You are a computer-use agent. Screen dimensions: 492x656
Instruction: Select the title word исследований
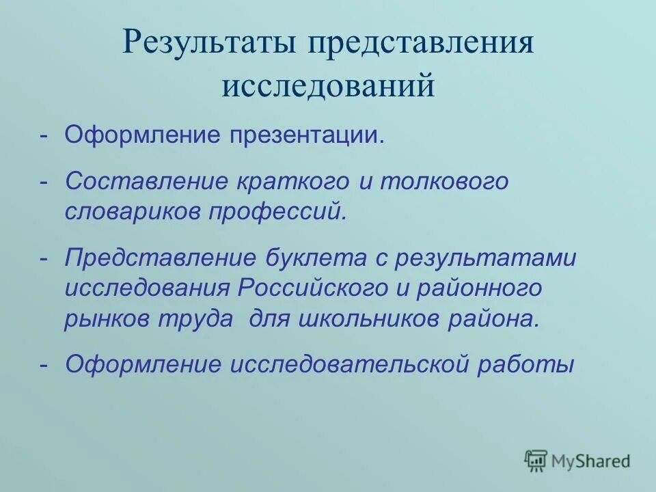pyautogui.click(x=328, y=87)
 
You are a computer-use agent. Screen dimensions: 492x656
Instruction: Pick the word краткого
pyautogui.click(x=292, y=182)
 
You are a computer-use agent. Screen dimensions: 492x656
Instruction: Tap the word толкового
pyautogui.click(x=444, y=182)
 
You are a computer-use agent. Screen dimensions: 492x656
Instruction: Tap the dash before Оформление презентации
pyautogui.click(x=44, y=134)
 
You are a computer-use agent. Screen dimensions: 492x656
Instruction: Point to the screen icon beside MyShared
pyautogui.click(x=536, y=461)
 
